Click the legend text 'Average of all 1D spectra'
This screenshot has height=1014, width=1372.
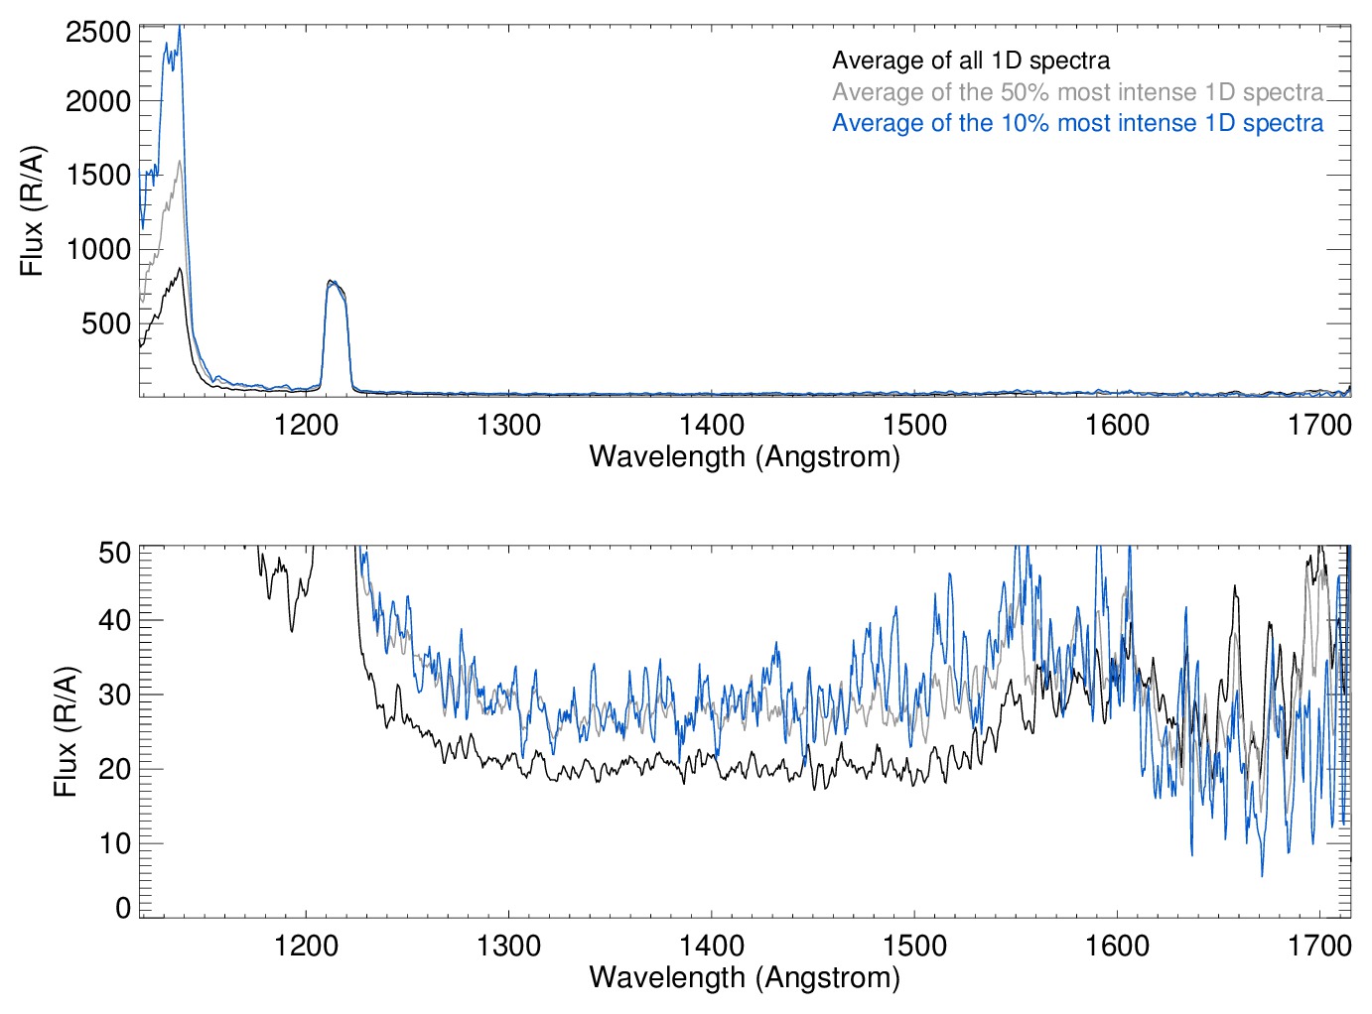pyautogui.click(x=970, y=61)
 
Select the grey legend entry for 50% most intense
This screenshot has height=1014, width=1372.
pyautogui.click(x=1077, y=92)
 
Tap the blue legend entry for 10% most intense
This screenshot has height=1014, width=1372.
pyautogui.click(x=1077, y=123)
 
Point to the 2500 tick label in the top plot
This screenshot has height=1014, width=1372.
pyautogui.click(x=98, y=33)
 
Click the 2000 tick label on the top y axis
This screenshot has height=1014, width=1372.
pyautogui.click(x=98, y=101)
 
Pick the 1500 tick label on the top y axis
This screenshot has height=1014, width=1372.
pyautogui.click(x=98, y=175)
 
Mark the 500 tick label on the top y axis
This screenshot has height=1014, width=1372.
pyautogui.click(x=106, y=323)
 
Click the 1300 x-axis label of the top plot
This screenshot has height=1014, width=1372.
pyautogui.click(x=508, y=426)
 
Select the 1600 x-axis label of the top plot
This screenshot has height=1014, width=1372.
pyautogui.click(x=1117, y=426)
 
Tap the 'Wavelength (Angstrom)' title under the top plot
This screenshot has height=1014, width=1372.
pyautogui.click(x=745, y=456)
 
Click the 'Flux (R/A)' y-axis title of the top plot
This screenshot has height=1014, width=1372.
pyautogui.click(x=32, y=211)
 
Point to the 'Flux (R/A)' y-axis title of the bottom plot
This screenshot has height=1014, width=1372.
pyautogui.click(x=65, y=732)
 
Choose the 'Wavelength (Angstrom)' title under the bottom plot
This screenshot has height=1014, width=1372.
pyautogui.click(x=745, y=977)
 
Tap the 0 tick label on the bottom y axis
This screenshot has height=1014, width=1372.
pyautogui.click(x=123, y=908)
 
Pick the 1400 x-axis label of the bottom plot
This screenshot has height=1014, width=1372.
pyautogui.click(x=711, y=946)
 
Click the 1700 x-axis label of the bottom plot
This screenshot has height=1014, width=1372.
pyautogui.click(x=1319, y=946)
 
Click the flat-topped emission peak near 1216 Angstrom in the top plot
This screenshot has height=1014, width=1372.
pyautogui.click(x=335, y=285)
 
